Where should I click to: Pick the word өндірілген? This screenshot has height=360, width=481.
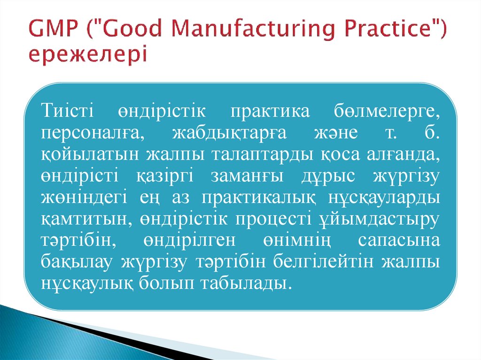tap(191, 241)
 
